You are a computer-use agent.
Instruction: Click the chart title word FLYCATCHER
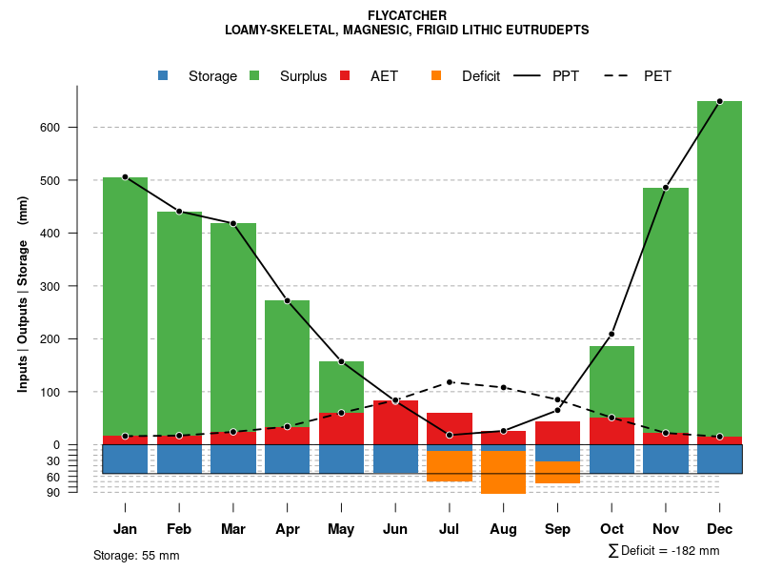[407, 15]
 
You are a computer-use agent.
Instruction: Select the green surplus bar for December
[719, 267]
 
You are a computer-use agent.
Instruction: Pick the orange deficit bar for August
[503, 472]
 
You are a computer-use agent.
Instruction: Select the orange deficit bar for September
[557, 472]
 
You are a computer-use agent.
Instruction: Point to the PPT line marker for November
[666, 188]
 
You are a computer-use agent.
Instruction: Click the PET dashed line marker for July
[450, 382]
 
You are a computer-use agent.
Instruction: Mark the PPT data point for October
[612, 334]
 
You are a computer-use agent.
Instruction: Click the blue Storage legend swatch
[163, 76]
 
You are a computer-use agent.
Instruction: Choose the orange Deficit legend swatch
[436, 76]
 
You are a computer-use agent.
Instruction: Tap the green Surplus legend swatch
[254, 76]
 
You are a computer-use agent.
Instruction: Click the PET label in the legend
[657, 76]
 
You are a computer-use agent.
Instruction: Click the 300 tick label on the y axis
[50, 286]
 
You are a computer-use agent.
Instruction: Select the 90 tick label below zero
[53, 492]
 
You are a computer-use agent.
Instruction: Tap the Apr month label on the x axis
[287, 529]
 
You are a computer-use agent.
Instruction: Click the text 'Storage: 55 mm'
[136, 555]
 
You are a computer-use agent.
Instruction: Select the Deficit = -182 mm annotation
[664, 551]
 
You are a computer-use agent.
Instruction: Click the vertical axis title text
[22, 294]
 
